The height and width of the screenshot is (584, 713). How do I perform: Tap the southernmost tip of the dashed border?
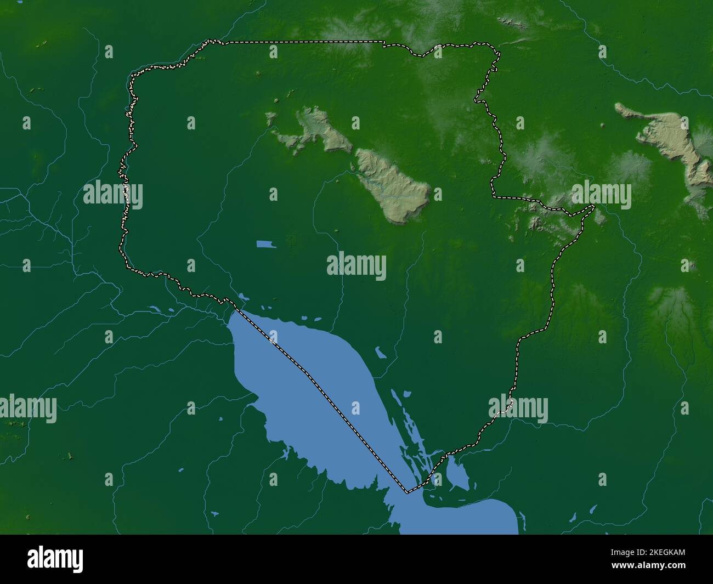coord(406,492)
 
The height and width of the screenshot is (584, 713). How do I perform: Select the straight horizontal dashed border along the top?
coord(302,42)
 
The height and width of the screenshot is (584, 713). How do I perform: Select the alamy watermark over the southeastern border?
coord(518,409)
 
